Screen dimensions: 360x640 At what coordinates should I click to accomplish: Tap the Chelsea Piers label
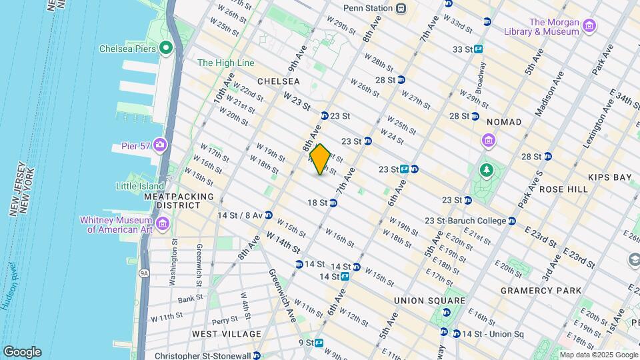[x=127, y=49]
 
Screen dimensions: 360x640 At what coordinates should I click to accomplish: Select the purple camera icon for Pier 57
[x=160, y=145]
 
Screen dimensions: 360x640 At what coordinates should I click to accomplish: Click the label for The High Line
[x=225, y=63]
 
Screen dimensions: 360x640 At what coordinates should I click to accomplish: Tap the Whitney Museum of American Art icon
[x=163, y=226]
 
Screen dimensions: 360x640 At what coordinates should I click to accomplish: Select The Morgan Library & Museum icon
[x=589, y=26]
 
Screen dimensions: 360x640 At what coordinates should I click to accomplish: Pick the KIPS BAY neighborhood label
[x=609, y=177]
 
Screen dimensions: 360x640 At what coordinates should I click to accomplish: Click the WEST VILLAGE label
[x=227, y=333]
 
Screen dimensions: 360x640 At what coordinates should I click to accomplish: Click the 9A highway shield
[x=143, y=273]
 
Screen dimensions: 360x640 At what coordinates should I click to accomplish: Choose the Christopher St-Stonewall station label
[x=202, y=355]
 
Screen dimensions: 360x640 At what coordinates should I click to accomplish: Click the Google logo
[x=22, y=352]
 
